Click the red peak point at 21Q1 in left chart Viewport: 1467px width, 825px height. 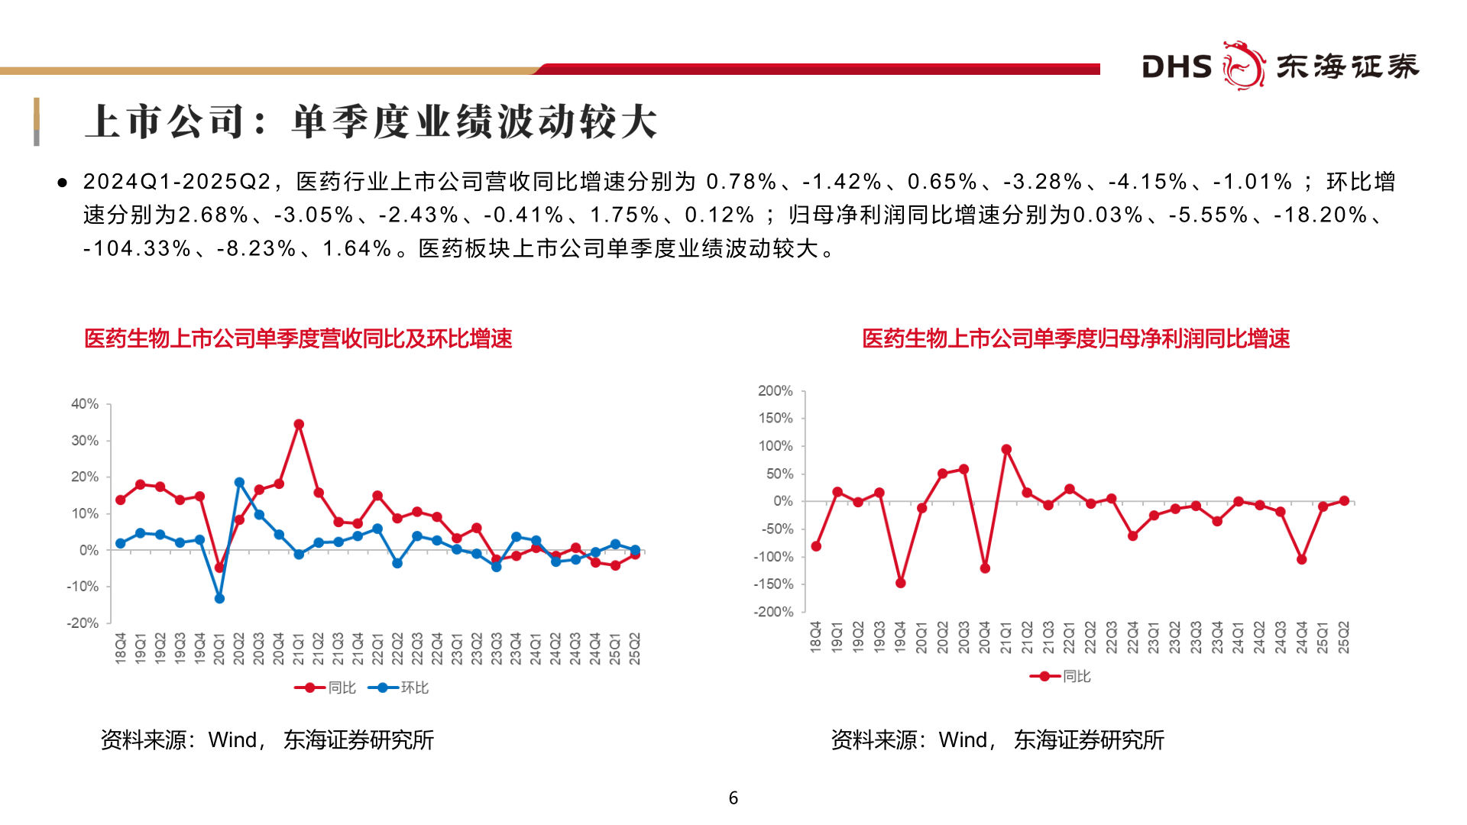pyautogui.click(x=299, y=424)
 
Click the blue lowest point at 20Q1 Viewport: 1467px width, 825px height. pyautogui.click(x=219, y=598)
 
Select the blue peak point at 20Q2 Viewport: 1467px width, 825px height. pyautogui.click(x=239, y=482)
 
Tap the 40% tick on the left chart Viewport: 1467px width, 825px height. pyautogui.click(x=85, y=403)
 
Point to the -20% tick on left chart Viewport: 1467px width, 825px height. pyautogui.click(x=83, y=623)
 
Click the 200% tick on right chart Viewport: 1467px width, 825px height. pyautogui.click(x=775, y=390)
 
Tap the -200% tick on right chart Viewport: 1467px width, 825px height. pyautogui.click(x=773, y=612)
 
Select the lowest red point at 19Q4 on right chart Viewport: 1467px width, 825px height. pyautogui.click(x=900, y=583)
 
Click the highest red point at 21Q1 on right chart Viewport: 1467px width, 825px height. pyautogui.click(x=1006, y=449)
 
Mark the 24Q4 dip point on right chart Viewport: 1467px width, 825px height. pyautogui.click(x=1301, y=559)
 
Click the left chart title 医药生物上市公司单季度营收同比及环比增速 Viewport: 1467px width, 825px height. pyautogui.click(x=298, y=338)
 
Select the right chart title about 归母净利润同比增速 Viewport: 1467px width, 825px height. pyautogui.click(x=1076, y=338)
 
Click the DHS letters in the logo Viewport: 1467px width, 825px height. pyautogui.click(x=1176, y=66)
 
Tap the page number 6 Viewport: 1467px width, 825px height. pyautogui.click(x=733, y=797)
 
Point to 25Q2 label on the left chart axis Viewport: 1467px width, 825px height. pyautogui.click(x=634, y=648)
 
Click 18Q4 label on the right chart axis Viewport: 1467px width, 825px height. pyautogui.click(x=815, y=636)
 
